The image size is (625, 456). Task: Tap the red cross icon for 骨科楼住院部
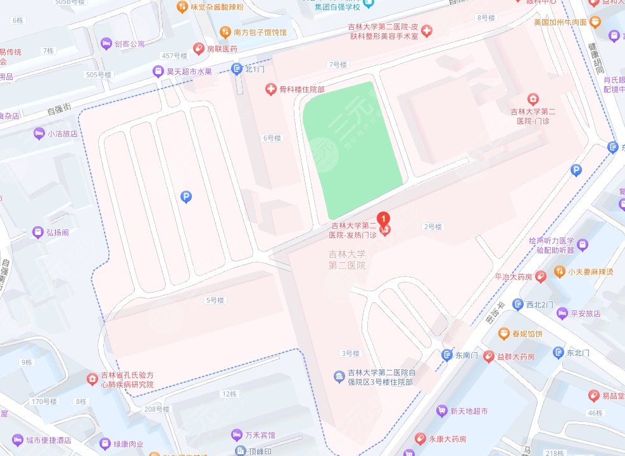[271, 90]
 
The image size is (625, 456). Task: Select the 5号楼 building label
[215, 300]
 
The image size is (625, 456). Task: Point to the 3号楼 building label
[350, 353]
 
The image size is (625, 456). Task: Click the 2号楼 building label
[432, 227]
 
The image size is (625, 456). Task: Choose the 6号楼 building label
[272, 138]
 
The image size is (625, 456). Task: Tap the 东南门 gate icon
[448, 355]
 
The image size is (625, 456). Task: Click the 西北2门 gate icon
[518, 305]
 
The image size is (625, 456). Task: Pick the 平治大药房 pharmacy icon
[540, 277]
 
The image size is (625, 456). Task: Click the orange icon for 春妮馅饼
[503, 333]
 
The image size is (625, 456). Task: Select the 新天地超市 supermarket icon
[442, 411]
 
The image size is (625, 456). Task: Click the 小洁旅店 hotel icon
[39, 134]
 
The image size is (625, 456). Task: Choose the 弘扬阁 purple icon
[37, 232]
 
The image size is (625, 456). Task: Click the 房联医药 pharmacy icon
[199, 49]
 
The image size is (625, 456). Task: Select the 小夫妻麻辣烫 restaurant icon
[560, 272]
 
